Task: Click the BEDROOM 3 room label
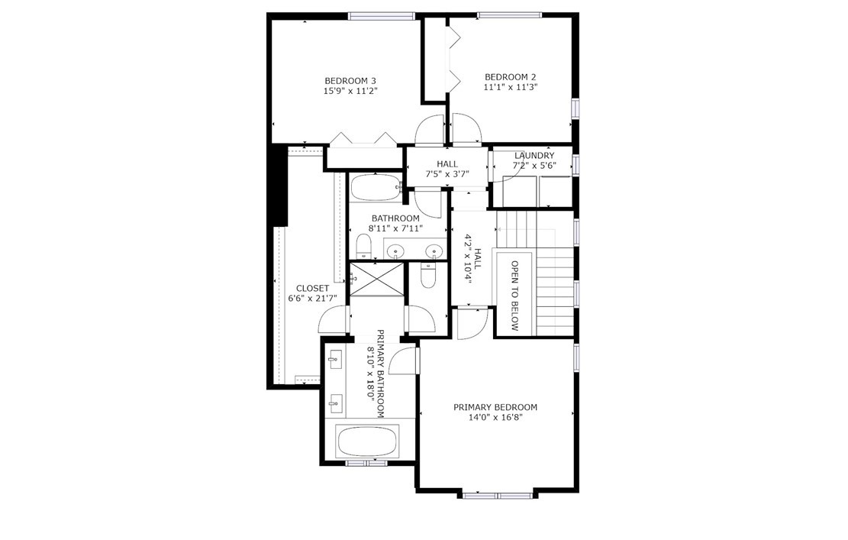[x=350, y=81]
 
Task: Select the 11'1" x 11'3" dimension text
[x=510, y=86]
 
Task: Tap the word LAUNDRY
[x=534, y=156]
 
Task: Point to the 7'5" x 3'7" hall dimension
[x=447, y=174]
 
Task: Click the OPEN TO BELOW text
[x=515, y=296]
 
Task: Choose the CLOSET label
[x=312, y=289]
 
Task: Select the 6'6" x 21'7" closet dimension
[x=312, y=298]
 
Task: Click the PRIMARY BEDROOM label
[x=495, y=407]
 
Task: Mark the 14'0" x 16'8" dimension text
[x=495, y=417]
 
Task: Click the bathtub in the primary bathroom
[x=368, y=441]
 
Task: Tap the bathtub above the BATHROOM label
[x=376, y=188]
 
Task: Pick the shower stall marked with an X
[x=377, y=280]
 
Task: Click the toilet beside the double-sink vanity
[x=364, y=247]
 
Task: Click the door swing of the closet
[x=333, y=319]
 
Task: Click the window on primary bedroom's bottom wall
[x=497, y=495]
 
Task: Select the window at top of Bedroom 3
[x=382, y=16]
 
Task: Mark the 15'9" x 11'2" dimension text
[x=350, y=91]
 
